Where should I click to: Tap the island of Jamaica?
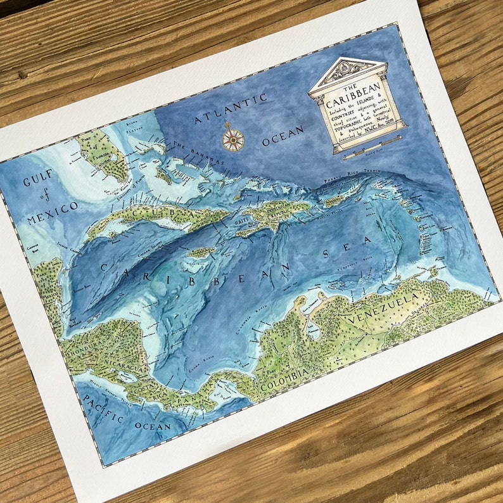pyautogui.click(x=201, y=252)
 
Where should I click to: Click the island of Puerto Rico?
pyautogui.click(x=334, y=201)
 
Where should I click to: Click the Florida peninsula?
pyautogui.click(x=102, y=155)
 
